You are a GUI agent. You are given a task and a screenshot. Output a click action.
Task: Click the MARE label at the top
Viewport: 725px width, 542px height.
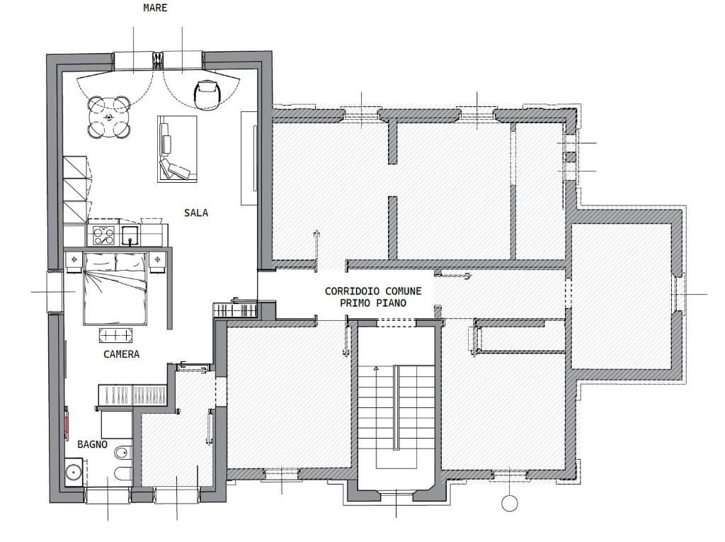pos(155,8)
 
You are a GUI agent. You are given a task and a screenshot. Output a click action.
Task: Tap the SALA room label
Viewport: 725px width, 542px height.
pos(196,213)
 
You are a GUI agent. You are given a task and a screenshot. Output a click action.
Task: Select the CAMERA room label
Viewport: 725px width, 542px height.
pos(121,354)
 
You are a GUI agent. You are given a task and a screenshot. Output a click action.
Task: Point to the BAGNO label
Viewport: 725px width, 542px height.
pos(93,444)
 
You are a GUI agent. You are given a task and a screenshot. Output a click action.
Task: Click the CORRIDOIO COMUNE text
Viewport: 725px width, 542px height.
pos(373,291)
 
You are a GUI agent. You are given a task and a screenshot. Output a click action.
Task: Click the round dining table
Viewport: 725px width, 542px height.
pos(108,117)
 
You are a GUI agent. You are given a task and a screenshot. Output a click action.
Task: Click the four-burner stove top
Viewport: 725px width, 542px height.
pos(103,235)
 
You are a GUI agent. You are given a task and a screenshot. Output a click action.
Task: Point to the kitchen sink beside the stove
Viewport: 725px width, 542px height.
pos(130,235)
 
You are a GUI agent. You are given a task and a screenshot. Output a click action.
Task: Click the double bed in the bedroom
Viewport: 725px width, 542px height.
pos(115,288)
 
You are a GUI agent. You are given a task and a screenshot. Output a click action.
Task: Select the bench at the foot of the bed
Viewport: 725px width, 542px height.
pos(115,335)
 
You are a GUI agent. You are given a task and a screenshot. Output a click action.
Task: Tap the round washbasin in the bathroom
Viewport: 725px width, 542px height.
pos(74,472)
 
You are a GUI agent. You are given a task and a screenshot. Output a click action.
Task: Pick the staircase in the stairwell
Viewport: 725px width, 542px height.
pos(396,407)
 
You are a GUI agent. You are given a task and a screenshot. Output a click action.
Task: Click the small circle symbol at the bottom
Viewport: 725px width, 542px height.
pos(510,503)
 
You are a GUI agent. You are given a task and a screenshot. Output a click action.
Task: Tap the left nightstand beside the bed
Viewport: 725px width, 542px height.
pos(74,262)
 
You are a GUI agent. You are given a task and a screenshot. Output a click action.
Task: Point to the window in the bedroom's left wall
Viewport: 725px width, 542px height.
pos(55,292)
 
